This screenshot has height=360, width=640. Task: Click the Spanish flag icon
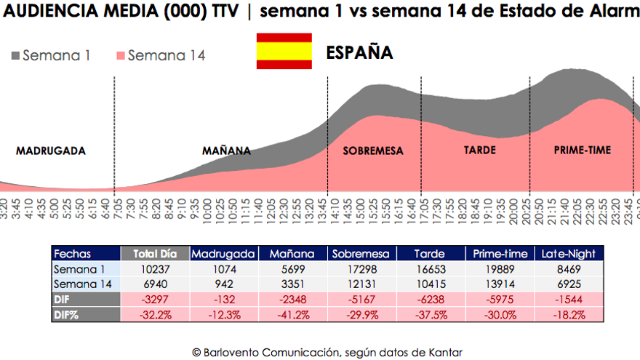[x=284, y=52]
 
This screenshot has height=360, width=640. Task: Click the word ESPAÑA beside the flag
[x=359, y=53]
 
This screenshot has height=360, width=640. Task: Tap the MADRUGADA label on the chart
[x=51, y=151]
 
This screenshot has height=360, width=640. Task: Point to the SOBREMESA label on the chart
[x=372, y=151]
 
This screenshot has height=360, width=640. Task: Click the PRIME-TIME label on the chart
[x=583, y=151]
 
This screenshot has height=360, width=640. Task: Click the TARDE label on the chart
[x=479, y=151]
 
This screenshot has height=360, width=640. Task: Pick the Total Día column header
[x=155, y=254]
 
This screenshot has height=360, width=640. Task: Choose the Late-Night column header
[x=569, y=254]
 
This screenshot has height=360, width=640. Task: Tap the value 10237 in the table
[x=155, y=269]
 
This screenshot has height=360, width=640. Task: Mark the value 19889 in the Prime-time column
[x=500, y=269]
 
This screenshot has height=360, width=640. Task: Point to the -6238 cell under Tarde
[x=429, y=299]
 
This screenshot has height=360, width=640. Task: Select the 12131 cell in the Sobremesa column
[x=361, y=284]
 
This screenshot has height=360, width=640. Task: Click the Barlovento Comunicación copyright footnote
[x=327, y=352]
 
